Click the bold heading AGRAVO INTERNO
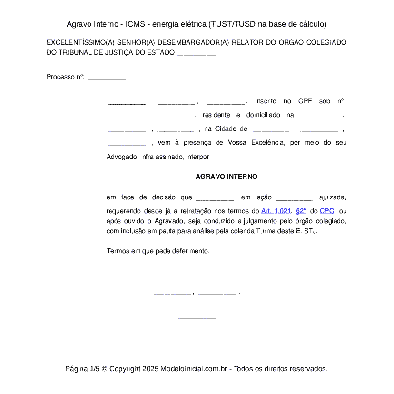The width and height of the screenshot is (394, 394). (227, 177)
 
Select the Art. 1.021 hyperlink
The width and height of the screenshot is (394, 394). (276, 211)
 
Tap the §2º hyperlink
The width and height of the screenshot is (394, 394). (300, 211)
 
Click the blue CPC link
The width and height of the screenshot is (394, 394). (327, 211)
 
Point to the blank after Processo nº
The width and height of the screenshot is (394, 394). (107, 77)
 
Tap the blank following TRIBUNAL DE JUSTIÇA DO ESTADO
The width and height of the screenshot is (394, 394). (197, 53)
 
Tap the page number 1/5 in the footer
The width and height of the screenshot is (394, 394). (94, 369)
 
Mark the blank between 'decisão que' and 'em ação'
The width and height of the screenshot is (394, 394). (215, 198)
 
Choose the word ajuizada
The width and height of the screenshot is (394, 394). (332, 197)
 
